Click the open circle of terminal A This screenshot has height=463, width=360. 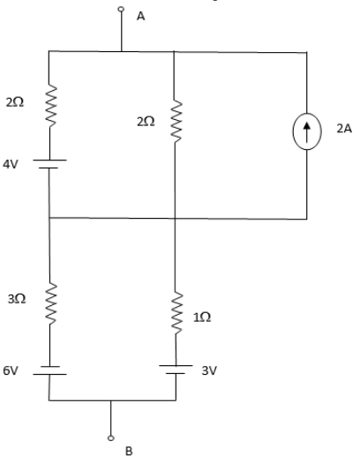(x=121, y=9)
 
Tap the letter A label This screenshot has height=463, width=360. (x=141, y=16)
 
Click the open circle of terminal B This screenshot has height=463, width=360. (x=111, y=438)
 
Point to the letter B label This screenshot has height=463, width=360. (x=129, y=452)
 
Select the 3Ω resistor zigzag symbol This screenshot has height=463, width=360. (x=50, y=303)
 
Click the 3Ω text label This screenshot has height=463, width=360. (x=17, y=299)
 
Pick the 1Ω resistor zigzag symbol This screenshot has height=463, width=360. (x=177, y=313)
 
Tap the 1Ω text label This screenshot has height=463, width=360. (x=202, y=317)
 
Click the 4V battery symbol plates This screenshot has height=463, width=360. (x=49, y=164)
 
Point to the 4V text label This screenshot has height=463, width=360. (x=11, y=164)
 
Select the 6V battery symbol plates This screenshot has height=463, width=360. (x=49, y=370)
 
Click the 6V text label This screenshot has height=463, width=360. (x=11, y=370)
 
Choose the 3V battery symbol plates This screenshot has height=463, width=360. (x=176, y=370)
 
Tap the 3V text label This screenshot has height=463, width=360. (x=209, y=370)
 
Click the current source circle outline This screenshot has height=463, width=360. (x=293, y=131)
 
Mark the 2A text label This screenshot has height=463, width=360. (x=344, y=129)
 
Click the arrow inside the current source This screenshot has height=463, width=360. (x=307, y=131)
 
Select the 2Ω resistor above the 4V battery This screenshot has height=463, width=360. (x=51, y=107)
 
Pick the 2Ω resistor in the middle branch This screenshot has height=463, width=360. (x=176, y=121)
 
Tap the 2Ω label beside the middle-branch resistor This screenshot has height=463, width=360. (x=146, y=122)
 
